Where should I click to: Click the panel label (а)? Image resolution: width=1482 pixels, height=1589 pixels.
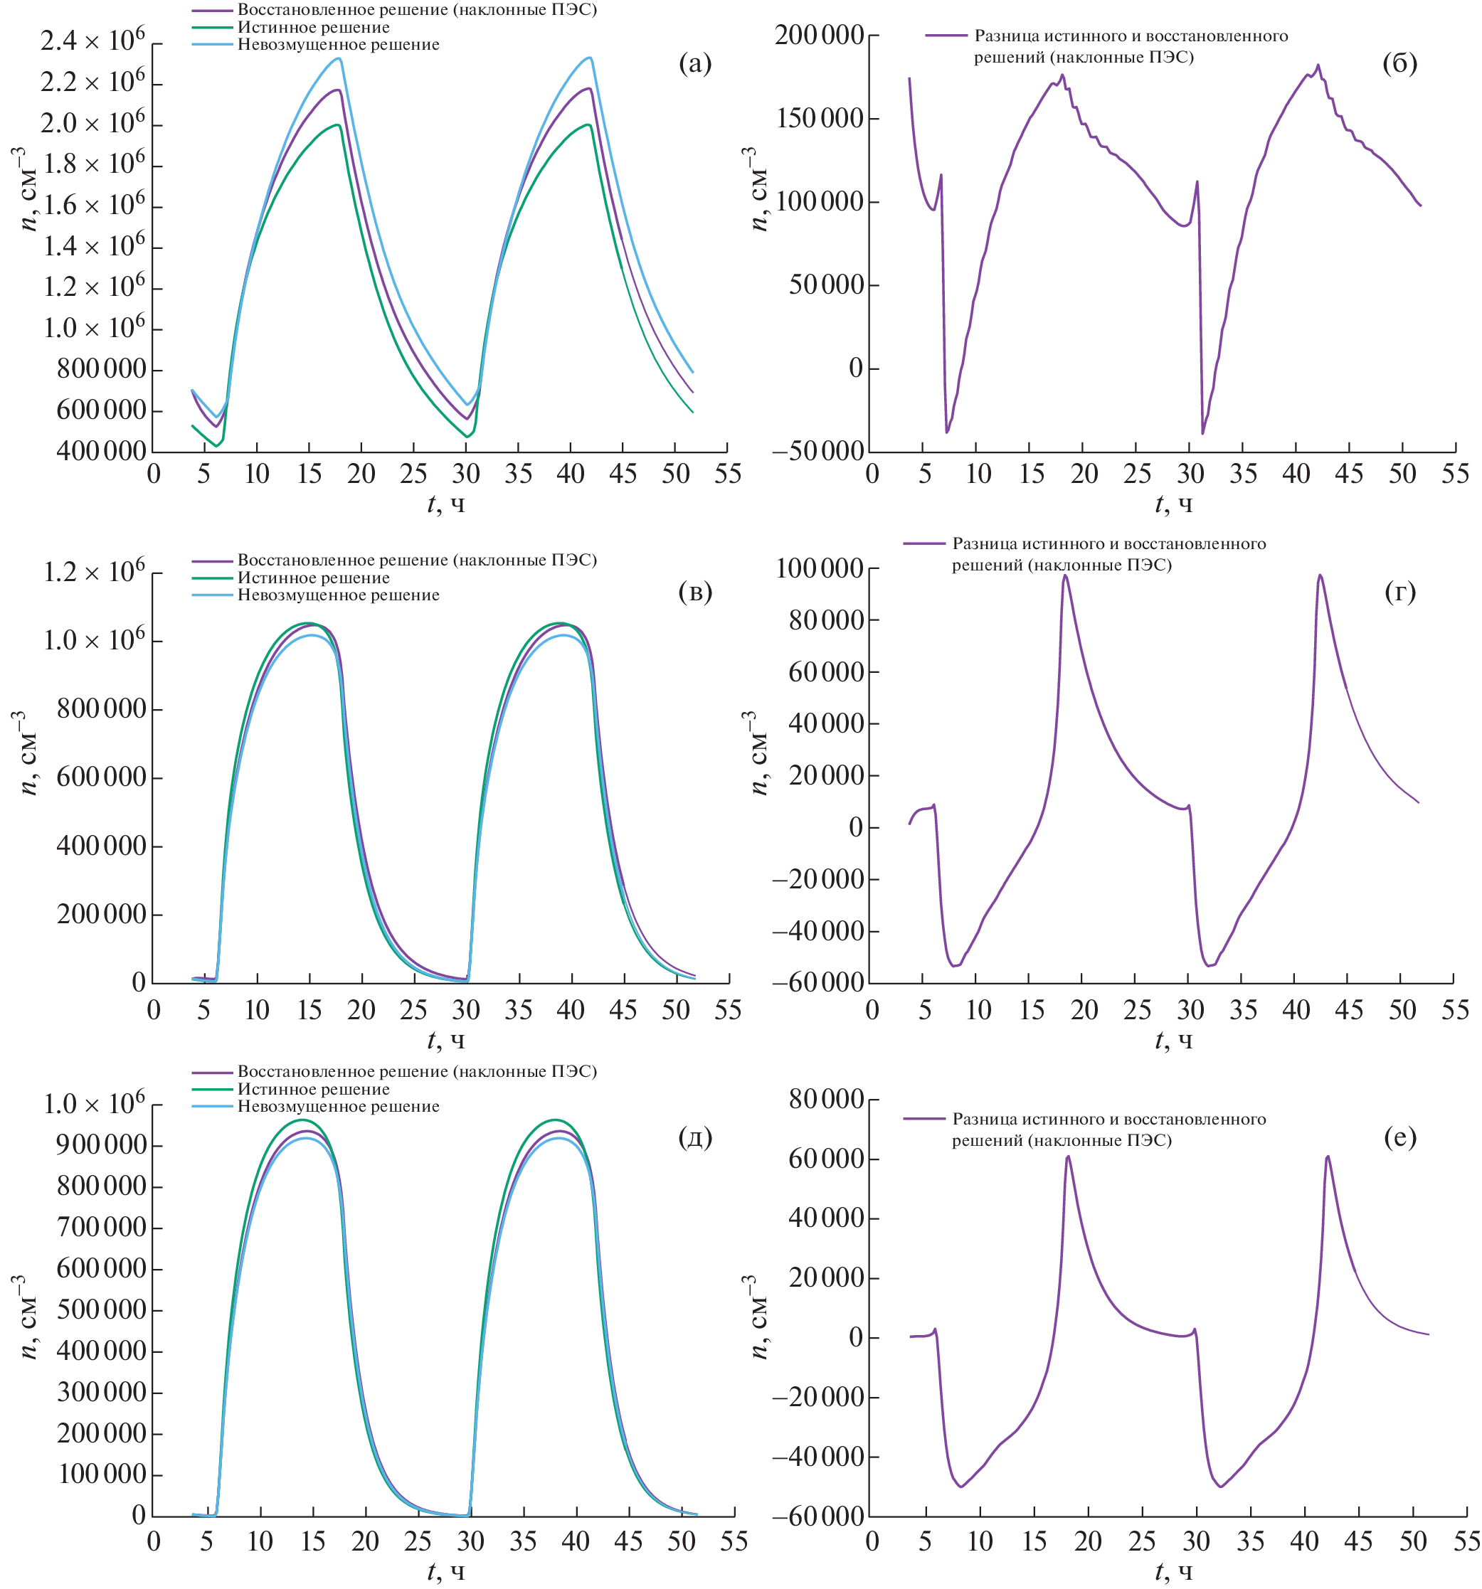pos(694,63)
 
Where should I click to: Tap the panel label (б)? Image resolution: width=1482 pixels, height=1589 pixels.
pos(1399,63)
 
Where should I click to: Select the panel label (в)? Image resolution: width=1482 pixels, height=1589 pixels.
pos(694,592)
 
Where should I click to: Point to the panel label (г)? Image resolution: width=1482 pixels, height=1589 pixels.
pos(1399,592)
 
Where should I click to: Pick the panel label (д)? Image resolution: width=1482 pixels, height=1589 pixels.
pos(694,1137)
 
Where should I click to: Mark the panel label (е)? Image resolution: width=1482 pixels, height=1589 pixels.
pos(1399,1137)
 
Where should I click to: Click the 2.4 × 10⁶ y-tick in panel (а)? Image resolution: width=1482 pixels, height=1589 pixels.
pos(92,40)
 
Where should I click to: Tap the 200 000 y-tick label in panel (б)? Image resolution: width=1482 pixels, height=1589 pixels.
pos(820,35)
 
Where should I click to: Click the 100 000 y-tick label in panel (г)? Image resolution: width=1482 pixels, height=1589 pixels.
pos(820,568)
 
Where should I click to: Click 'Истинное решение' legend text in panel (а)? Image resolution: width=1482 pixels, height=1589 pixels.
pos(313,27)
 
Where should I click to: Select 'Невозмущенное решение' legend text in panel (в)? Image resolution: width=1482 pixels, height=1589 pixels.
pos(338,595)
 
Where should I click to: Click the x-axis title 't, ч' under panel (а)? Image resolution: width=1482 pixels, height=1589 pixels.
pos(445,504)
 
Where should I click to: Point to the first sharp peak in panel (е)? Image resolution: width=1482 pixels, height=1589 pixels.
pos(1068,1157)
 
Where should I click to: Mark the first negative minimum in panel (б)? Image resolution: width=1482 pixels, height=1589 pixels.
pos(947,432)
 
